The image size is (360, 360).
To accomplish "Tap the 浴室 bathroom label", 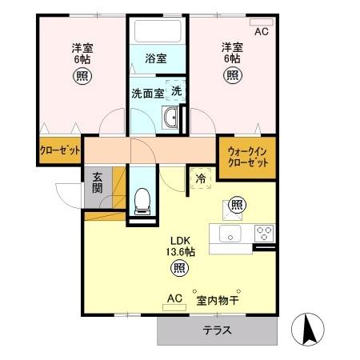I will pos(155,58).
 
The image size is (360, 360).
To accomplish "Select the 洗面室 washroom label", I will pos(147,93).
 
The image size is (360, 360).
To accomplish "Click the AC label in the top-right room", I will pos(261,32).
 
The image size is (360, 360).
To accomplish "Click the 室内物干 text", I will pos(218,301).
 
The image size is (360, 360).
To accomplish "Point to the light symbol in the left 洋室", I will pos(82,76).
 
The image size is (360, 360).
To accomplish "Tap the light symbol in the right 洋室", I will pos(231,76).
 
